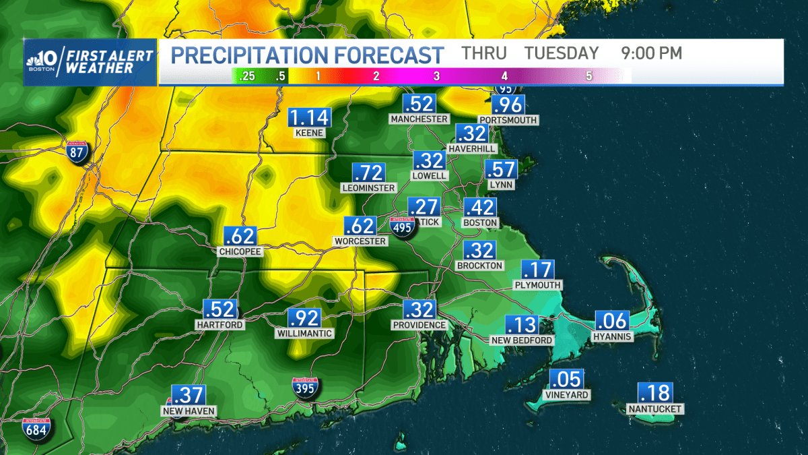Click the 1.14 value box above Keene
(309, 117)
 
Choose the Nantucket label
(654, 409)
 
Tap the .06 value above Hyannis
(612, 321)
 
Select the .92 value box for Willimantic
(304, 318)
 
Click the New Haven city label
(189, 411)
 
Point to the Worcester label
(360, 241)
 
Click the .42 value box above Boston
(479, 207)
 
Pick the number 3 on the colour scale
(436, 76)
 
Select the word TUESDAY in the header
(562, 53)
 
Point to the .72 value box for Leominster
(368, 173)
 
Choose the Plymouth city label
(537, 285)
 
